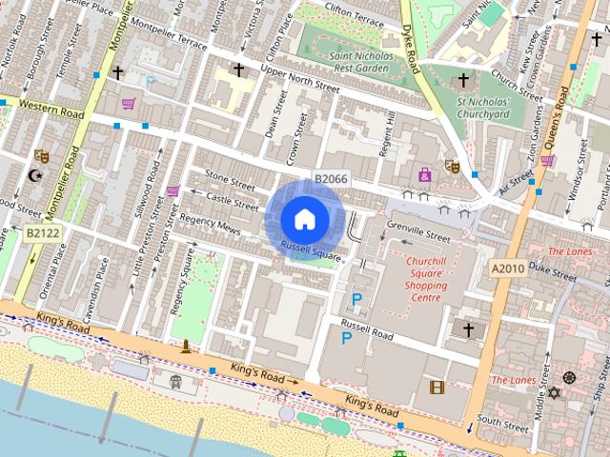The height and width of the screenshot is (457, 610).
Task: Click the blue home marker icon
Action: click(304, 219)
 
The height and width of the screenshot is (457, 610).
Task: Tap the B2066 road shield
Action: click(331, 179)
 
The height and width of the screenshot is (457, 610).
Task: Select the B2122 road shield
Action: click(41, 232)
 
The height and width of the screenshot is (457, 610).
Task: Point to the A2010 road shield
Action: click(507, 270)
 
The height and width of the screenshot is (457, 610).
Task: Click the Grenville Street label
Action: click(418, 231)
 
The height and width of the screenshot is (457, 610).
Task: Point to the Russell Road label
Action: click(367, 335)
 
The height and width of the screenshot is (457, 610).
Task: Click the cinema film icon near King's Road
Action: click(437, 387)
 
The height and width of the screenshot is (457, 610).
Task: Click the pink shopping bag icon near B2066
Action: click(424, 175)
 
